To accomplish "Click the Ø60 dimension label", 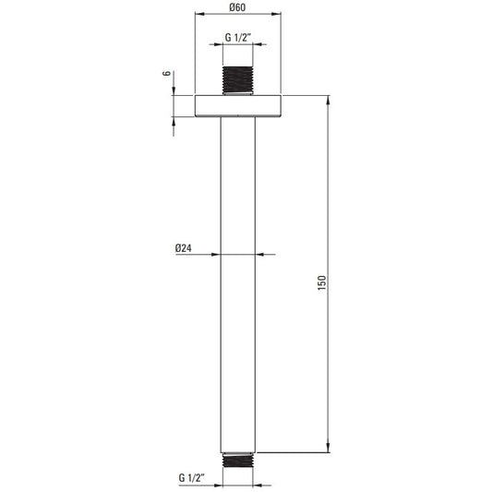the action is (x=237, y=6).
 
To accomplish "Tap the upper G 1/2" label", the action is (x=238, y=37).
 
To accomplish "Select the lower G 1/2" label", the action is (x=192, y=478).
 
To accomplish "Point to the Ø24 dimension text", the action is (x=184, y=248).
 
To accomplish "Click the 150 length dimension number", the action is (x=322, y=282).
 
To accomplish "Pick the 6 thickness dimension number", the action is (x=167, y=73).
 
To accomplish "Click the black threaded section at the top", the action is (x=237, y=80).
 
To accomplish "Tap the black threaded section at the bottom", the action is (x=237, y=461).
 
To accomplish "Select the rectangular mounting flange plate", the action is (x=238, y=105).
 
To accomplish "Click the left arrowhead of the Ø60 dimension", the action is (x=199, y=14).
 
